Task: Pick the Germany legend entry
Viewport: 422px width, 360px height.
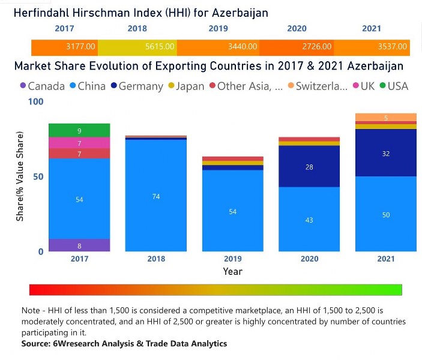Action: (x=136, y=86)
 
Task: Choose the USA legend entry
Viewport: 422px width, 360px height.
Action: (x=393, y=86)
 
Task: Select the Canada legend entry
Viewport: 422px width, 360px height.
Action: (x=41, y=86)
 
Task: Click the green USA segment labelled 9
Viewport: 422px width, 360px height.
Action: (x=79, y=130)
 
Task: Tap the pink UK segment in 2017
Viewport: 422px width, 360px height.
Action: (x=79, y=143)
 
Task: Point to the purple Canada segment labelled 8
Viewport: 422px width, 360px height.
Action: (x=79, y=245)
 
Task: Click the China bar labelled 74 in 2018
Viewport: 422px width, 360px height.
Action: (x=156, y=196)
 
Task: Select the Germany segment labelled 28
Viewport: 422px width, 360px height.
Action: (x=309, y=166)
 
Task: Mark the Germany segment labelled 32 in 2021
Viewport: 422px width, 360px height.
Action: (x=386, y=153)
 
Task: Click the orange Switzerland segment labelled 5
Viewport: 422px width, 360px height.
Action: (x=386, y=118)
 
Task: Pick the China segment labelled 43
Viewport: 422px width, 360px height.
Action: (x=309, y=220)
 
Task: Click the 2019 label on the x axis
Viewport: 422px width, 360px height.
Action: (x=233, y=259)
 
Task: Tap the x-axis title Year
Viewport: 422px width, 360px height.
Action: (x=233, y=272)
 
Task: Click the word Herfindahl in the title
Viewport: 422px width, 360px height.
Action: (x=43, y=12)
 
